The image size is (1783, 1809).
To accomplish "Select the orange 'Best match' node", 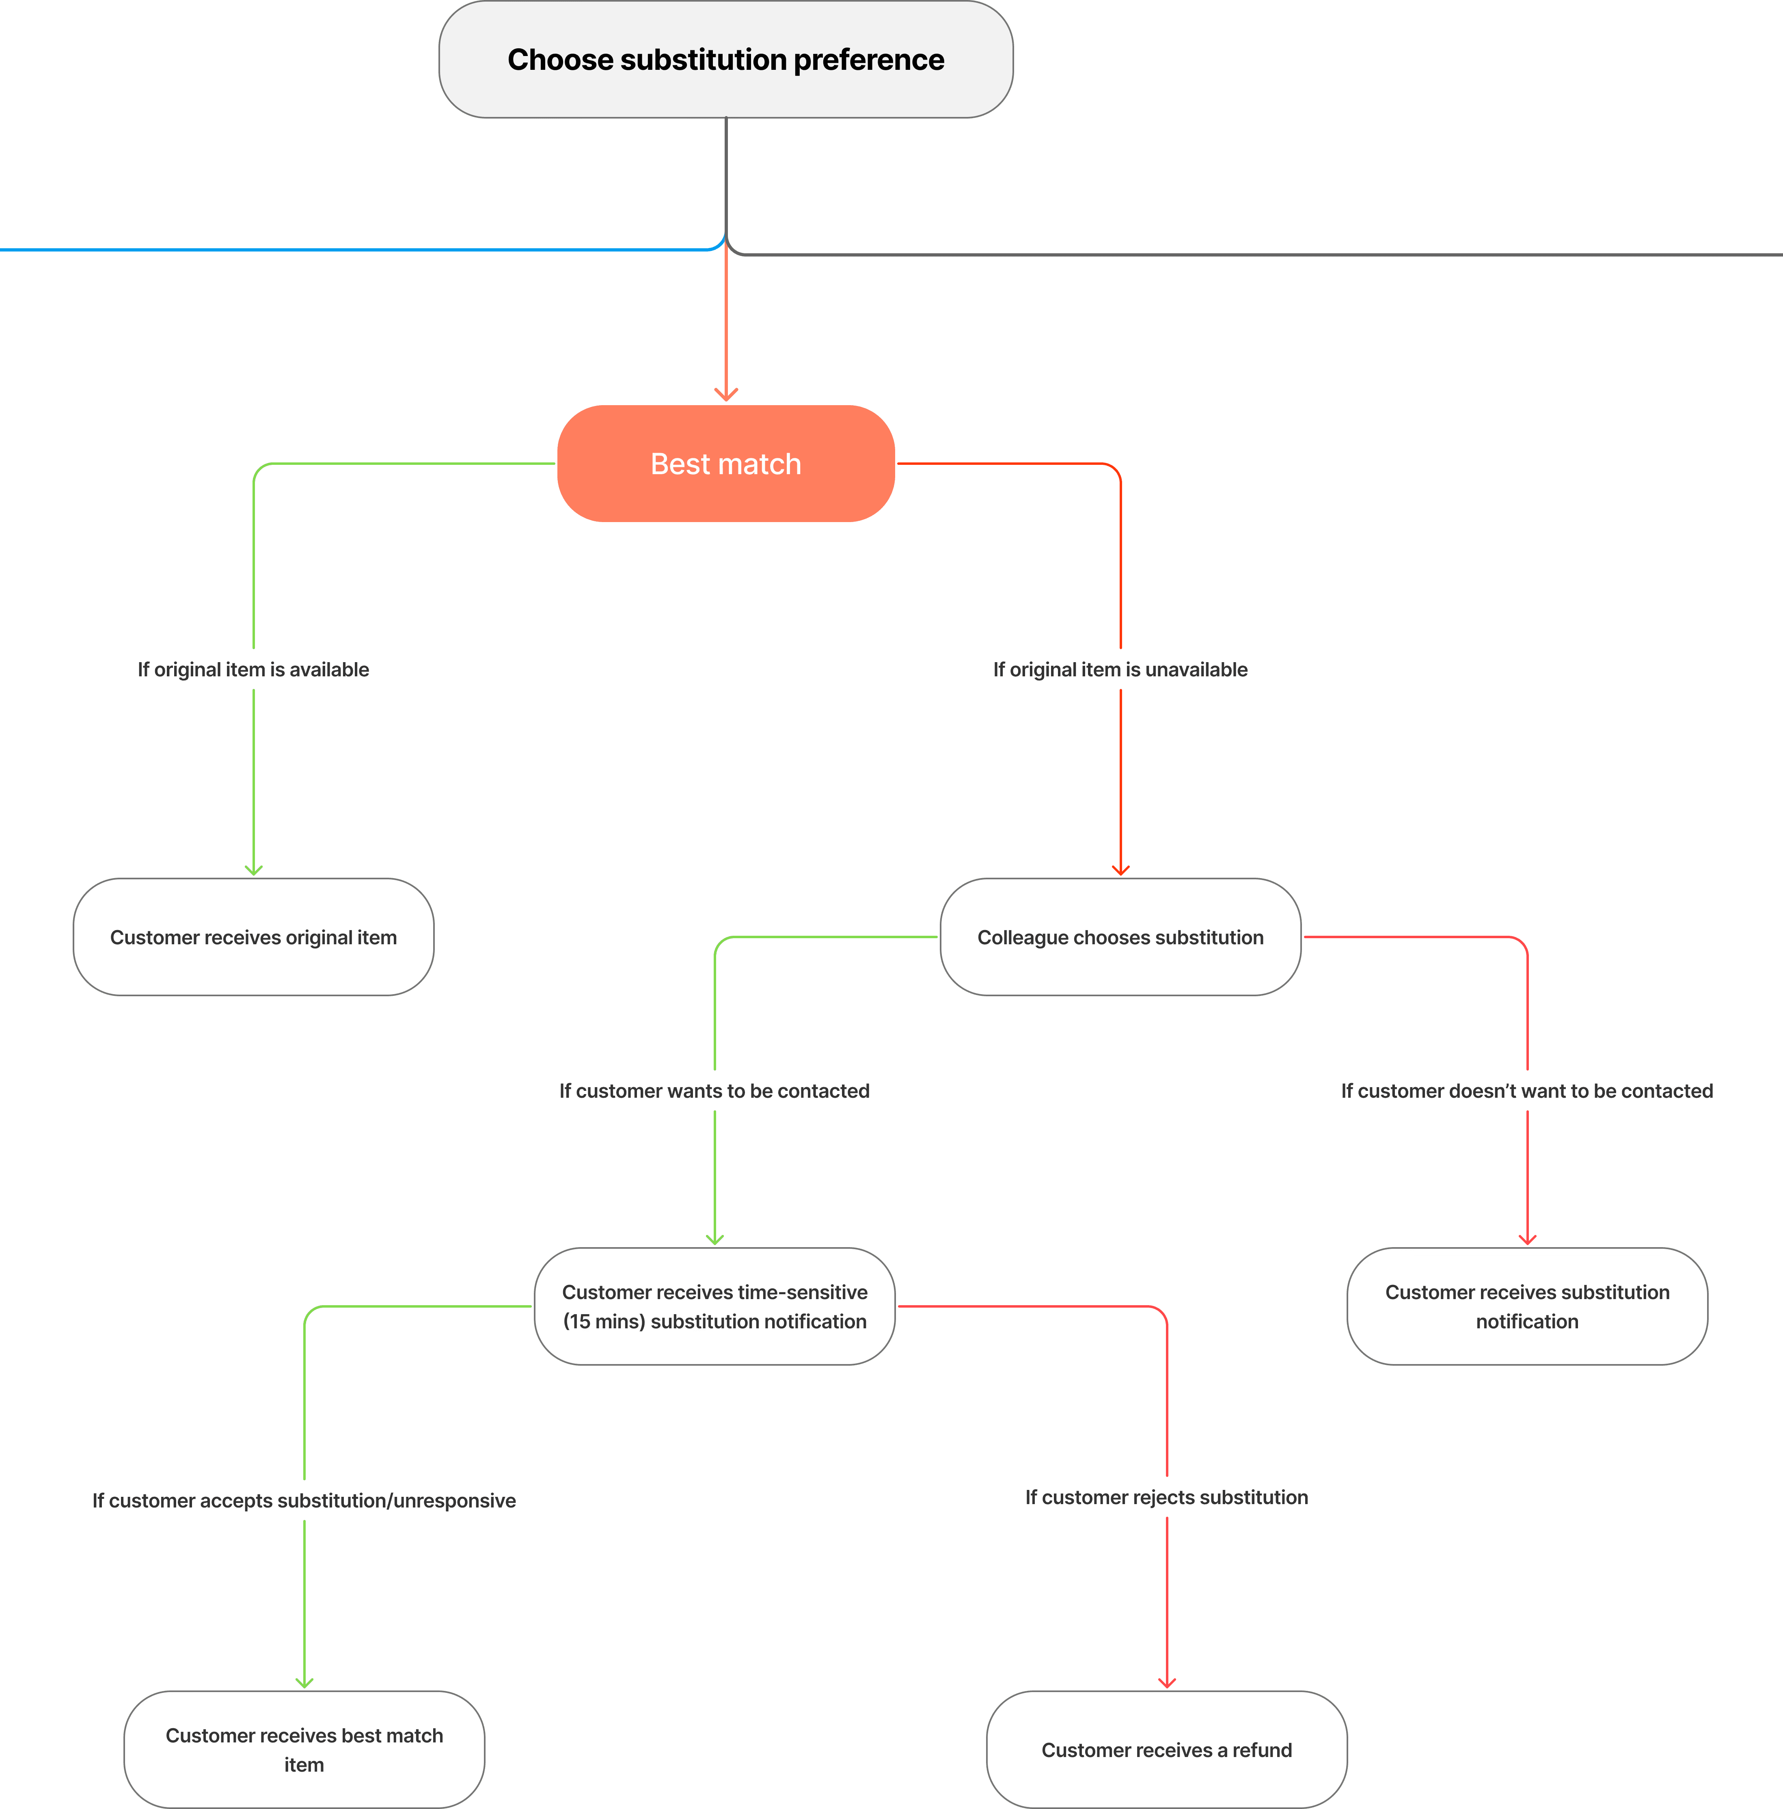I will pos(726,464).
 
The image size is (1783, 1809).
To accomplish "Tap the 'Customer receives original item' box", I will pos(253,937).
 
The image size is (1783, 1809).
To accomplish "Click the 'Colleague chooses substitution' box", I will pos(1120,937).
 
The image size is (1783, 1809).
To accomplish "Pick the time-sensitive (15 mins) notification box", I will pos(714,1306).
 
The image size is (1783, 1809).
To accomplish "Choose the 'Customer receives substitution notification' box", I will pos(1526,1306).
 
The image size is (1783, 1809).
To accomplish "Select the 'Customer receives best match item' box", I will pos(304,1749).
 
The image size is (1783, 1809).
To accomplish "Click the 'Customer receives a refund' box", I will pos(1166,1749).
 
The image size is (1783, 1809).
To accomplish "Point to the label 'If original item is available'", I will pos(253,669).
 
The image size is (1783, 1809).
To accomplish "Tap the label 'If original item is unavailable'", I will pos(1120,669).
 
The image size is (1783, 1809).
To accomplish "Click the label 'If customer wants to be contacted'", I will pos(714,1091).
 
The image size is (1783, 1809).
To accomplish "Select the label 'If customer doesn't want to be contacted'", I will pos(1526,1091).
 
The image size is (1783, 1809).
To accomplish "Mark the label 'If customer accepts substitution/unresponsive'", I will pos(304,1500).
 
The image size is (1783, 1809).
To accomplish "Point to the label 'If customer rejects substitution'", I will pos(1166,1497).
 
